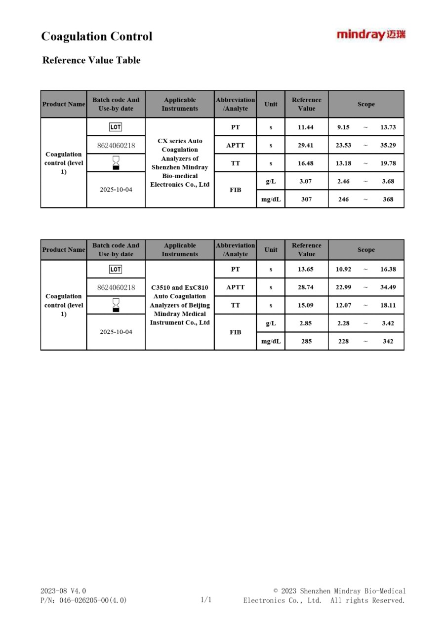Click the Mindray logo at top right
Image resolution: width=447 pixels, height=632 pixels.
(x=371, y=35)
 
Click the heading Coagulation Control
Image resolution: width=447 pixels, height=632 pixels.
(x=97, y=37)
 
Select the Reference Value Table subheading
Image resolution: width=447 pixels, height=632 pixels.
(x=91, y=60)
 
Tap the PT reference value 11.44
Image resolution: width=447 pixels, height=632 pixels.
(x=306, y=127)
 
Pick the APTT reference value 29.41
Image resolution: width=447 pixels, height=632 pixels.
(x=306, y=146)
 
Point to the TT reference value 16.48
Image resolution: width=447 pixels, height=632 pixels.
(x=306, y=163)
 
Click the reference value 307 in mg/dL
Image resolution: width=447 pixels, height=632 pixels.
(x=306, y=199)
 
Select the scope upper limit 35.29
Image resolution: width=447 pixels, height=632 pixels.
(x=388, y=146)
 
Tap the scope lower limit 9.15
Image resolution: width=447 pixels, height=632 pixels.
(x=343, y=127)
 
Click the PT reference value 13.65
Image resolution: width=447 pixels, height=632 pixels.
(x=306, y=270)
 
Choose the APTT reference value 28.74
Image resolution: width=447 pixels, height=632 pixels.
(x=306, y=287)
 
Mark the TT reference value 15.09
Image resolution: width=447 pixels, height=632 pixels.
(x=306, y=305)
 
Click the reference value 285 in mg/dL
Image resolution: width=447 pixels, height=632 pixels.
(x=306, y=341)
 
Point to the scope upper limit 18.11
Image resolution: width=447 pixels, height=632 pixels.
(x=388, y=305)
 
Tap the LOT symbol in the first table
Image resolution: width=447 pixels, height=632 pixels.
(x=116, y=127)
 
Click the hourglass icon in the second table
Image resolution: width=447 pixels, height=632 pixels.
(x=116, y=305)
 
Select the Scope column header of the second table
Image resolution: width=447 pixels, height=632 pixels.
(x=366, y=250)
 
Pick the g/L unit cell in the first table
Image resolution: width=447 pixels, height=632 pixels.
(x=271, y=181)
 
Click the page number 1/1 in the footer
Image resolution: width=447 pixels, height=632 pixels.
(x=206, y=600)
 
